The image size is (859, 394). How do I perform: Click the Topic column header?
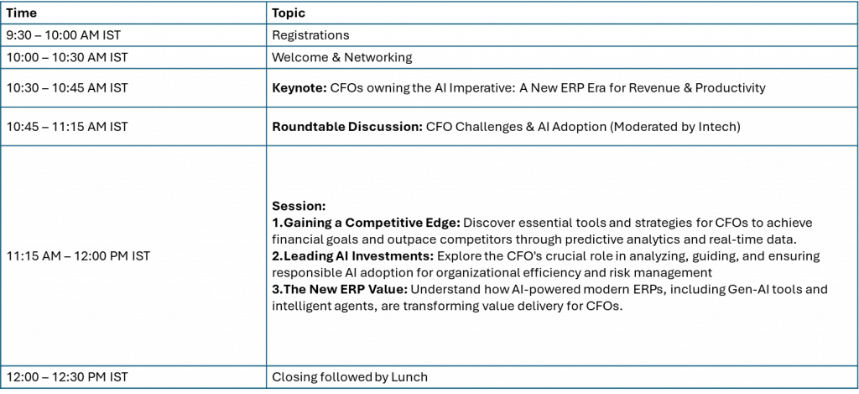click(x=289, y=13)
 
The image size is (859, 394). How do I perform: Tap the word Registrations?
click(x=310, y=35)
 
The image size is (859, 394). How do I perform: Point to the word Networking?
click(x=381, y=58)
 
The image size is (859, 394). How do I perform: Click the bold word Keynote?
click(x=299, y=88)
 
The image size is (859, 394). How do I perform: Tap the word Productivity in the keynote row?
click(x=731, y=88)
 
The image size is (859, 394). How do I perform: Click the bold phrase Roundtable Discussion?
click(x=347, y=127)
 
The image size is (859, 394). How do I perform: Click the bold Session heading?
click(x=299, y=207)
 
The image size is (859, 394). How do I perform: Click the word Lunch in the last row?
click(x=409, y=377)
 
